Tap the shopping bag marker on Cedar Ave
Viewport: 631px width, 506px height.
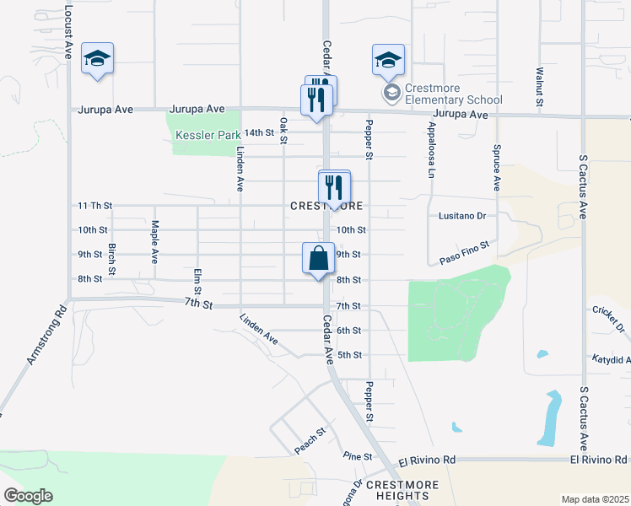pyautogui.click(x=319, y=257)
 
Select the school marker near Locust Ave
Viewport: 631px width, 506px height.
pyautogui.click(x=98, y=59)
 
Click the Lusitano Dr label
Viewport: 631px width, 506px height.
pyautogui.click(x=462, y=216)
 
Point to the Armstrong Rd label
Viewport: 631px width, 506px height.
pyautogui.click(x=46, y=337)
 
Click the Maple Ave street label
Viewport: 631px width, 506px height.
pyautogui.click(x=155, y=242)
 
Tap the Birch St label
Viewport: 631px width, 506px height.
pyautogui.click(x=111, y=258)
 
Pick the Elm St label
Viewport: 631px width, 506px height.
pyautogui.click(x=197, y=281)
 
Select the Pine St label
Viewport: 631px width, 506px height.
pyautogui.click(x=357, y=456)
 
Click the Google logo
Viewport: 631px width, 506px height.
pyautogui.click(x=28, y=496)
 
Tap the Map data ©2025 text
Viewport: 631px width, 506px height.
pyautogui.click(x=595, y=499)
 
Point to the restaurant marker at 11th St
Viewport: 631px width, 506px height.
pyautogui.click(x=335, y=188)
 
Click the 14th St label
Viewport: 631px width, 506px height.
pyautogui.click(x=259, y=132)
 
